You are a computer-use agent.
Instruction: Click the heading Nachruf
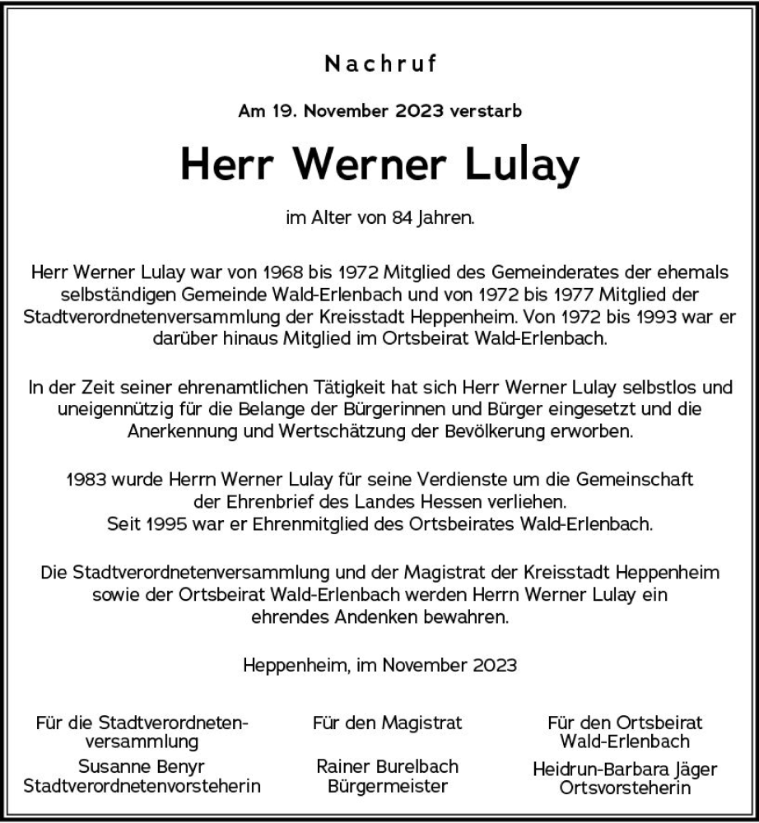[380, 64]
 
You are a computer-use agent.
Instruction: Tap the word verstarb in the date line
[487, 111]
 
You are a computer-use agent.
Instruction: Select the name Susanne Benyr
[142, 765]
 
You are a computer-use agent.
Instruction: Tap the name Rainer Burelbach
[388, 765]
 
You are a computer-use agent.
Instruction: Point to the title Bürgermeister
[388, 786]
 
